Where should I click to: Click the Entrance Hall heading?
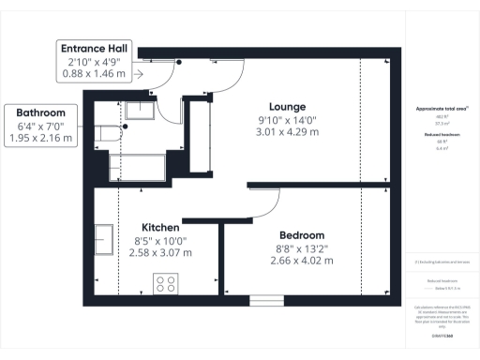(x=96, y=49)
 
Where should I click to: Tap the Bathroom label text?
(x=39, y=112)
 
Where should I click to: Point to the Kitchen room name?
(x=160, y=227)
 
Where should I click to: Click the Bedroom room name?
(x=302, y=234)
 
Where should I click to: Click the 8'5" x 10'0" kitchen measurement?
(x=160, y=240)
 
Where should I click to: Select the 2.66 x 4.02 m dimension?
(x=302, y=261)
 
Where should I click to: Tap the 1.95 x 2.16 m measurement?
(x=39, y=138)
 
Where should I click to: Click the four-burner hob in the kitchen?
(x=166, y=283)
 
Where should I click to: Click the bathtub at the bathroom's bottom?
(x=137, y=168)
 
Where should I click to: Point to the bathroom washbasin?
(x=141, y=113)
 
